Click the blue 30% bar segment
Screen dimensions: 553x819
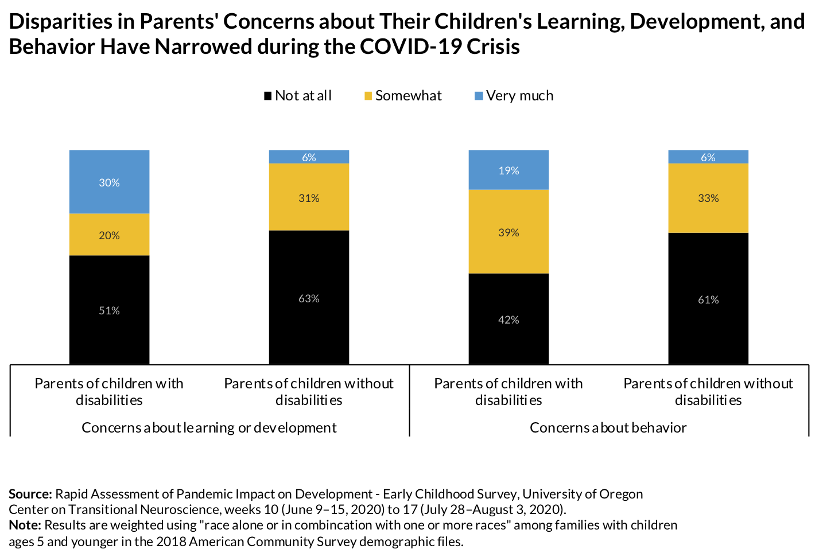point(109,182)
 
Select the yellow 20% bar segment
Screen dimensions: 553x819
point(109,235)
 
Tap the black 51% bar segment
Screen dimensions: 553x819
point(109,310)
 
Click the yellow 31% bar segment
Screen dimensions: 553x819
point(309,197)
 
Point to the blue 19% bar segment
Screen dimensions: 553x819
point(509,170)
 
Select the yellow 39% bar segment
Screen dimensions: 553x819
point(509,232)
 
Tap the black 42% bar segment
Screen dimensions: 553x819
point(509,319)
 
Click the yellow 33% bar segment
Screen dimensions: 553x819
point(708,198)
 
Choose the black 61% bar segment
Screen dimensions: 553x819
point(708,298)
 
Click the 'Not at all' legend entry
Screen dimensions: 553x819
point(297,96)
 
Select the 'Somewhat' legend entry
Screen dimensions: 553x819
point(403,96)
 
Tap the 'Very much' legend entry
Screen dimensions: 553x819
point(514,96)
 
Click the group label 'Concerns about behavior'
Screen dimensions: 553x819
point(608,427)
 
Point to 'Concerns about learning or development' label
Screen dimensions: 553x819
point(209,427)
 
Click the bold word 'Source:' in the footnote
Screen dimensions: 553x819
point(30,494)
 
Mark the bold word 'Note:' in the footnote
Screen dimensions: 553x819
point(25,525)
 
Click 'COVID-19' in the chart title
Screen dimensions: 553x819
point(410,46)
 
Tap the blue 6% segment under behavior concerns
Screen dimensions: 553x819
point(708,157)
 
